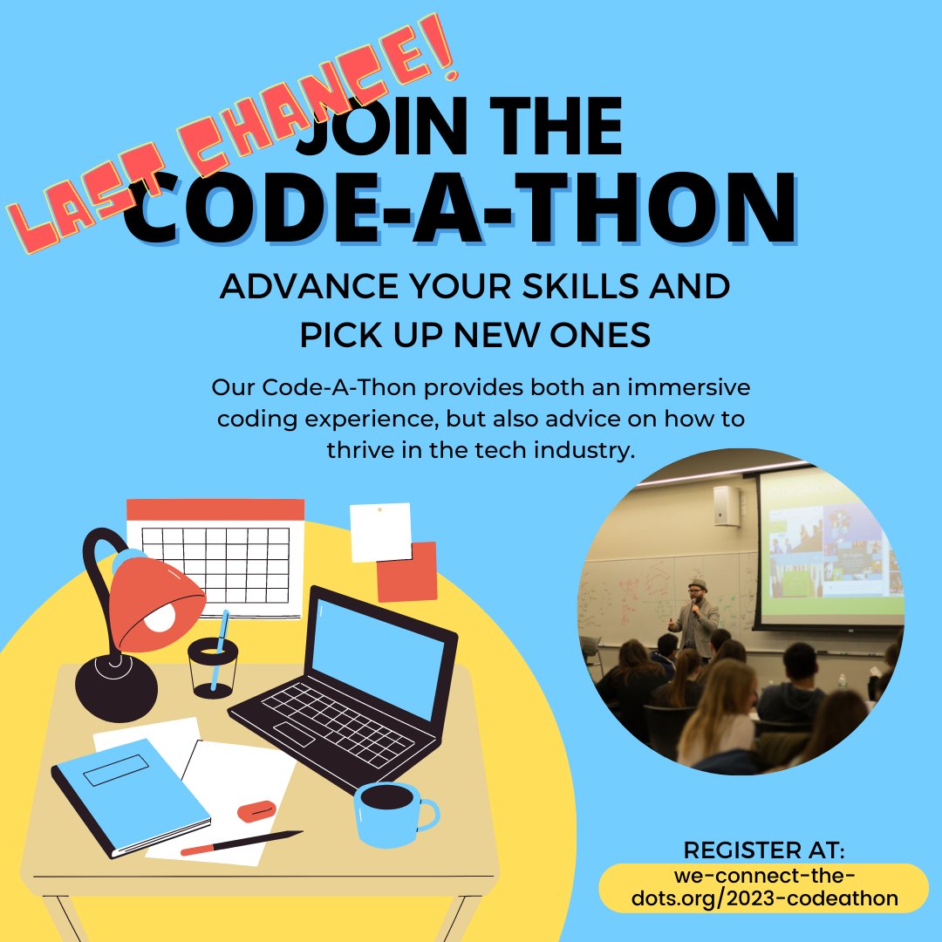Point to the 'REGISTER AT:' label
[x=764, y=850]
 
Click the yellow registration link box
[x=764, y=887]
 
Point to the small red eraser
[x=256, y=810]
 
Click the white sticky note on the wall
[x=380, y=531]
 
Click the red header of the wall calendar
[x=215, y=509]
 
